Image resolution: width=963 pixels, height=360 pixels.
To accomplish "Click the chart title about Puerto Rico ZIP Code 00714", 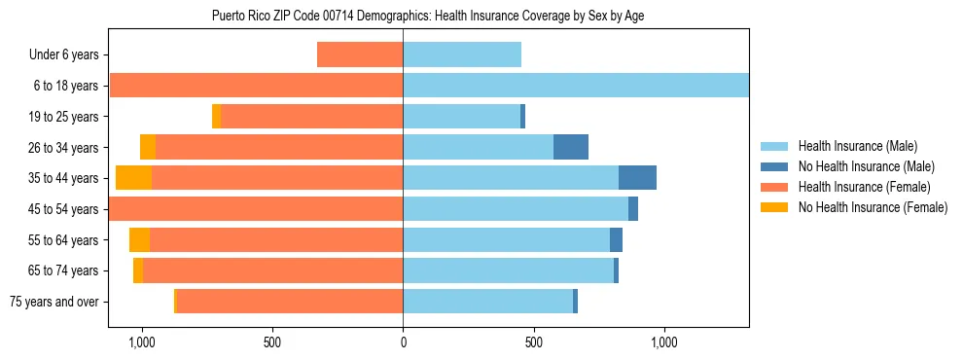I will tap(428, 17).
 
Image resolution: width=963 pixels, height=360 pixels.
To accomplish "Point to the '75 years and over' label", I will tap(54, 302).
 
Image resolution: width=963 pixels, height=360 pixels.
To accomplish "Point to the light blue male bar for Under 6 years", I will tap(462, 54).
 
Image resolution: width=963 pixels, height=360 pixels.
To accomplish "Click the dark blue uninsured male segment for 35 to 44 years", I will tap(637, 178).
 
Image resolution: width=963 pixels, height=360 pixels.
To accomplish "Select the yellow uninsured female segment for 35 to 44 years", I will tap(133, 178).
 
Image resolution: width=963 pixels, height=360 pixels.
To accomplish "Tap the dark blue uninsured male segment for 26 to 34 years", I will tap(571, 147).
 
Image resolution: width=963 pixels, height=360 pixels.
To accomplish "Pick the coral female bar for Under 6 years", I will tap(360, 54).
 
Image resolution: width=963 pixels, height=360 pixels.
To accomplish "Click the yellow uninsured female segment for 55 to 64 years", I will tap(139, 240).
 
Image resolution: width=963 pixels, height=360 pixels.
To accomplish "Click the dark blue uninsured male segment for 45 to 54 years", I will tap(633, 209).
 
